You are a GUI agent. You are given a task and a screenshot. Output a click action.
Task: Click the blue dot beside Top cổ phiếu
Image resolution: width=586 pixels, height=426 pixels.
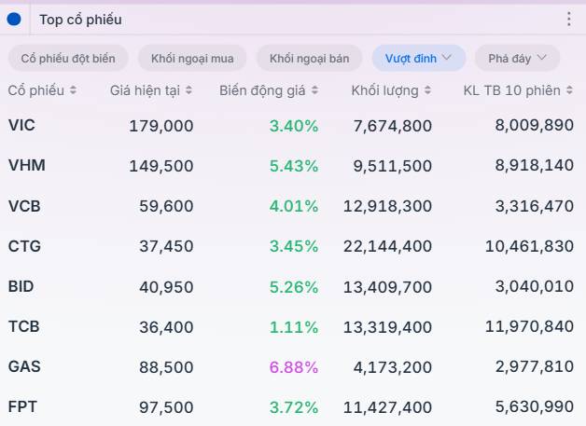[14, 20]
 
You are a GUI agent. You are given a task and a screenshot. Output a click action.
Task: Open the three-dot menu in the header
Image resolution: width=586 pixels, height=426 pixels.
[569, 19]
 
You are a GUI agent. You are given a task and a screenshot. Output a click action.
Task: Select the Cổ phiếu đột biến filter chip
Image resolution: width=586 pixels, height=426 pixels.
[68, 58]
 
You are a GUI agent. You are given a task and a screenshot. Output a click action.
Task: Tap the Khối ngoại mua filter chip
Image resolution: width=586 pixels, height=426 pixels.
[192, 58]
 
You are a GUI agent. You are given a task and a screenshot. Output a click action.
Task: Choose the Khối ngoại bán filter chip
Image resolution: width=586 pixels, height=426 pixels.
[309, 58]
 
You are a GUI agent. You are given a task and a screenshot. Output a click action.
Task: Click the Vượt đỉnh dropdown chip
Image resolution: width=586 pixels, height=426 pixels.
[419, 58]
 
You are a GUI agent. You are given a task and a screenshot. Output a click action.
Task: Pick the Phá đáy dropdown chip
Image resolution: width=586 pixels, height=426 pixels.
[517, 58]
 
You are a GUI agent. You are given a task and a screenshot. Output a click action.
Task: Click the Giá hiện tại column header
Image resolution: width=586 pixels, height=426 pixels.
[145, 90]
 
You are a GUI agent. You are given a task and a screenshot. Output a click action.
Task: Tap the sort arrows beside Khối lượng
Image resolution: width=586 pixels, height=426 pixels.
[428, 90]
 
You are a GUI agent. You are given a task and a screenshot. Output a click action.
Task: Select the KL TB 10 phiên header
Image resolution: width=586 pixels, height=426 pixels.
[511, 90]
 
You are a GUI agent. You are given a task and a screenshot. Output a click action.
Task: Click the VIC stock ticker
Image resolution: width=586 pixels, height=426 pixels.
[21, 125]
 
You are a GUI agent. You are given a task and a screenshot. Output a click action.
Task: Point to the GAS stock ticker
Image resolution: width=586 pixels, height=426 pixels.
[24, 366]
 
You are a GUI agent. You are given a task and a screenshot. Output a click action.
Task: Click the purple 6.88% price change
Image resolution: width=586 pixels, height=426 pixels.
[294, 367]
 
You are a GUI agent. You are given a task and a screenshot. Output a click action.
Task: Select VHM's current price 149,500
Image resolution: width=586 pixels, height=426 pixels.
[161, 166]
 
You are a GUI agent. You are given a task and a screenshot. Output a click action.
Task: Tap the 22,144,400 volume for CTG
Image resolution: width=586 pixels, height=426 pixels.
[387, 246]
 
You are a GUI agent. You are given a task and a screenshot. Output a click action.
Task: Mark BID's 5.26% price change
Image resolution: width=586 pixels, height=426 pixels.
[294, 287]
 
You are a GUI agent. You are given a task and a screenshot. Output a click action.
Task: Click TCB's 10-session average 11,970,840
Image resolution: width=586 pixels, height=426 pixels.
[529, 326]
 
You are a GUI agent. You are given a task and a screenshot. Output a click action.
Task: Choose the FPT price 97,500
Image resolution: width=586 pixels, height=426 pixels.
[166, 407]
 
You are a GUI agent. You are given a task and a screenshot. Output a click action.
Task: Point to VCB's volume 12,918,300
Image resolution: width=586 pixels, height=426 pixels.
[387, 206]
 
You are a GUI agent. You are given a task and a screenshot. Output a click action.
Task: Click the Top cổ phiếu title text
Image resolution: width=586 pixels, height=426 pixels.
[81, 20]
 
